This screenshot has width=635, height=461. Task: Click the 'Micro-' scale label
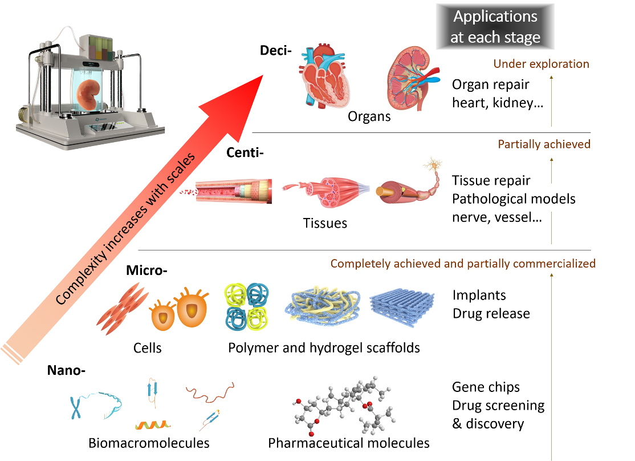tap(146, 270)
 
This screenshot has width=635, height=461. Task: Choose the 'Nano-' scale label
tap(66, 371)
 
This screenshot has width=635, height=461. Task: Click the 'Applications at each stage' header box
tap(495, 27)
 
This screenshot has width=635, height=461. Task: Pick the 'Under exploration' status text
tap(541, 64)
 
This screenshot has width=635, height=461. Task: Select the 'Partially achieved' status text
tap(544, 144)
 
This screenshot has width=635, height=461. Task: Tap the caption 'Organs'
tap(369, 116)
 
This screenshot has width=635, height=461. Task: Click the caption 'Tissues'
tap(325, 223)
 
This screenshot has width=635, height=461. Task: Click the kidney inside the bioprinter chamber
tap(89, 94)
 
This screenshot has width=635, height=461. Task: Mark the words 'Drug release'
tap(491, 314)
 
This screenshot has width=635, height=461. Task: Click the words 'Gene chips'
tap(486, 387)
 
